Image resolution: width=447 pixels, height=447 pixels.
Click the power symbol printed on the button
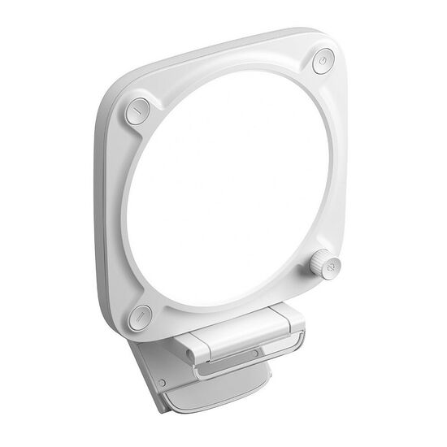pyautogui.click(x=323, y=59)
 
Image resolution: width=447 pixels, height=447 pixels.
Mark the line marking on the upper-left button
pyautogui.click(x=137, y=110)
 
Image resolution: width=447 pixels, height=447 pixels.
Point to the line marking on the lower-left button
pyautogui.click(x=141, y=315)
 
